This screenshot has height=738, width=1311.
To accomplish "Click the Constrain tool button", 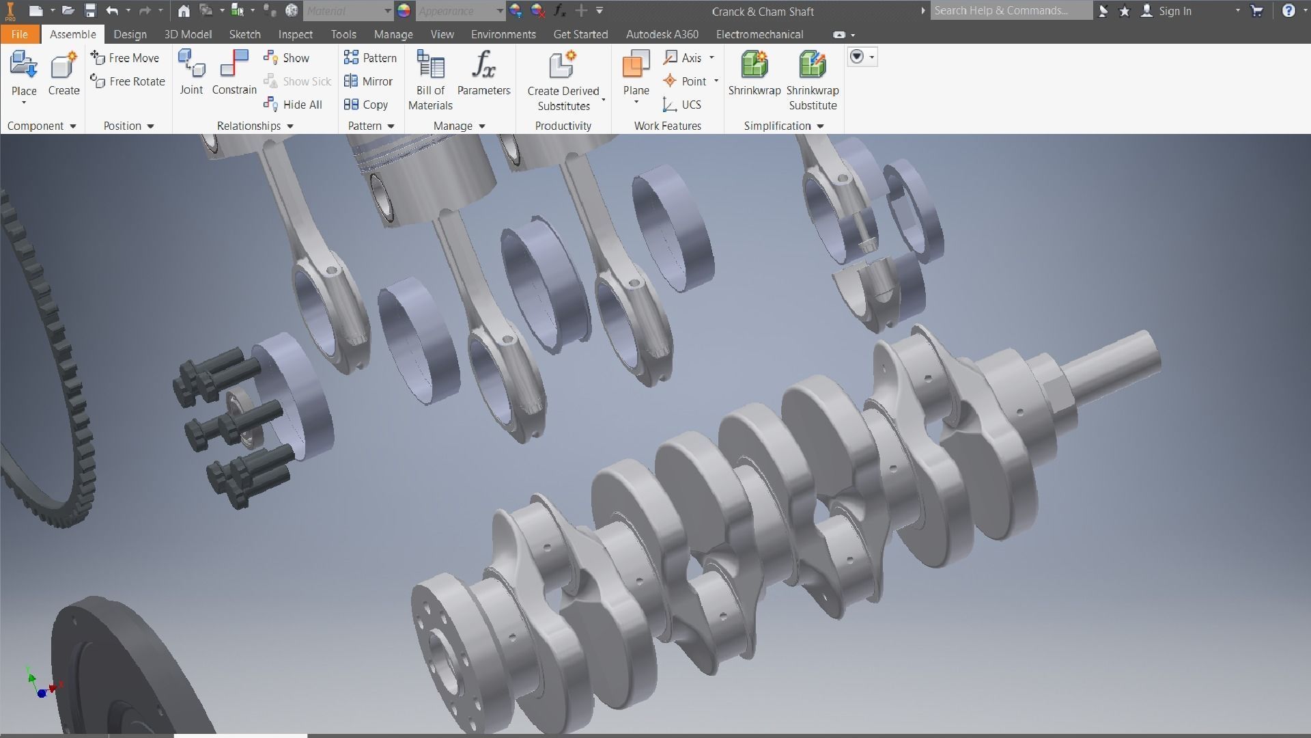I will point(234,72).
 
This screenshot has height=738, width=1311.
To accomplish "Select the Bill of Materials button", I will point(430,79).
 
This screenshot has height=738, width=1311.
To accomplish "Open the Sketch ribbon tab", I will point(244,34).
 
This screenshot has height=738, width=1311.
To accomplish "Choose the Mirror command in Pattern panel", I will point(369,81).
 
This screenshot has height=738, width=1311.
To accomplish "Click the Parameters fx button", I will point(483,72).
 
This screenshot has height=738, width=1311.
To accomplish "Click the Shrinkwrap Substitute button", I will point(812,79).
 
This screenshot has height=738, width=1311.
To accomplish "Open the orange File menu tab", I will point(19,34).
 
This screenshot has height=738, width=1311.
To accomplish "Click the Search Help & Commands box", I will point(1011,11).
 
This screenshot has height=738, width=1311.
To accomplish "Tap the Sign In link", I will point(1174,11).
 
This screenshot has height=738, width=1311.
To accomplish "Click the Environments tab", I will point(503,34).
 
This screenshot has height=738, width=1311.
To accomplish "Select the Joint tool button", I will point(191,72).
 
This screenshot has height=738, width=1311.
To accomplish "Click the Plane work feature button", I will point(636,72).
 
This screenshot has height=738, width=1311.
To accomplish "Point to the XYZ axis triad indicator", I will point(42,685).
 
